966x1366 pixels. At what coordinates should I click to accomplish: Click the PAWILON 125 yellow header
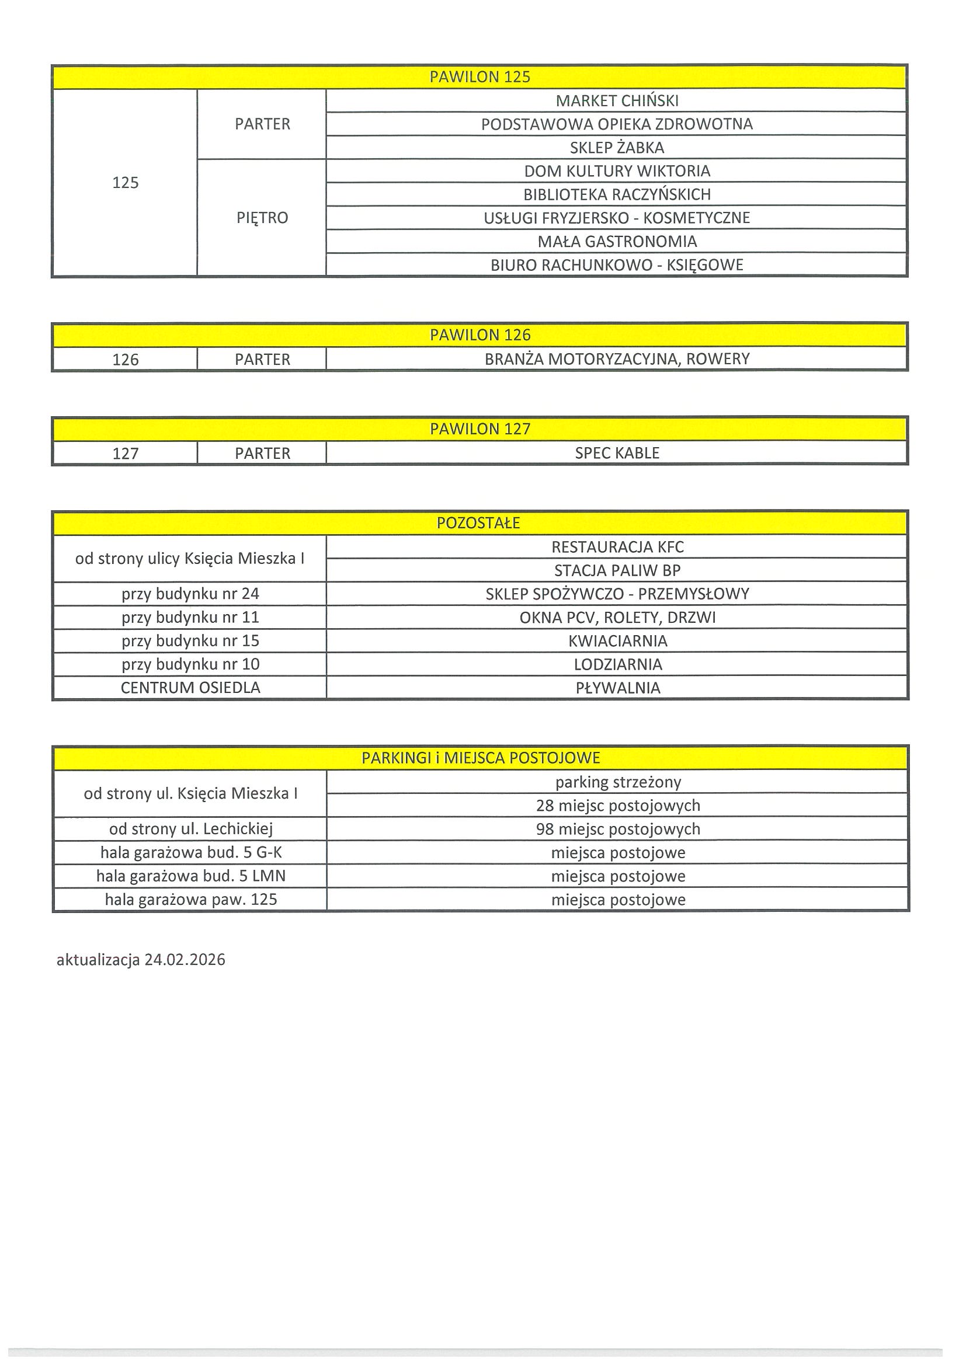(x=479, y=77)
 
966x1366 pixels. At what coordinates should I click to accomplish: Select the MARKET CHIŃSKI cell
(x=617, y=101)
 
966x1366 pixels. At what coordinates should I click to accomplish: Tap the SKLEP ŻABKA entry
(x=617, y=148)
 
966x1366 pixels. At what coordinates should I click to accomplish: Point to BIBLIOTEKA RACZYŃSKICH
(x=617, y=194)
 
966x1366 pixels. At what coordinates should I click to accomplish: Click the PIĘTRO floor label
(x=262, y=218)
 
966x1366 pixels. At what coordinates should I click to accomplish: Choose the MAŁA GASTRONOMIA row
(x=617, y=242)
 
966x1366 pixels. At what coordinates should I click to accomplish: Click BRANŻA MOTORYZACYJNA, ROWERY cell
(x=617, y=360)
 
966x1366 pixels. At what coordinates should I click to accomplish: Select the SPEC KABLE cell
(x=617, y=454)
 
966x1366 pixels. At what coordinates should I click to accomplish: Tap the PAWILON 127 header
(x=479, y=429)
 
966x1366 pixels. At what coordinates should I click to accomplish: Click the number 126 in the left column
(x=125, y=360)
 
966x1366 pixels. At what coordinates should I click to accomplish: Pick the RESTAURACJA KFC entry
(x=617, y=548)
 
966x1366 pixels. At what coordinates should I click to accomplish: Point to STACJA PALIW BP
(x=617, y=571)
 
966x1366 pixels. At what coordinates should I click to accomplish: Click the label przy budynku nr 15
(x=190, y=642)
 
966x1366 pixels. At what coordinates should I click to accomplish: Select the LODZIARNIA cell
(x=617, y=664)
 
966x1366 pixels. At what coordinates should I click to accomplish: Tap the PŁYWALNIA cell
(x=617, y=688)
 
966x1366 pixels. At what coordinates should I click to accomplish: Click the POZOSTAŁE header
(x=478, y=524)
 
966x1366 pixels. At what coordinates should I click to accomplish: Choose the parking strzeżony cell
(x=618, y=782)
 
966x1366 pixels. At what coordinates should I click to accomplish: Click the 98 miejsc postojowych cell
(x=618, y=830)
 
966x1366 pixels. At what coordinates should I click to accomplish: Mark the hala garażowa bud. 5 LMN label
(x=190, y=876)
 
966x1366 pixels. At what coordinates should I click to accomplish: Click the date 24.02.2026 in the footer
(x=185, y=960)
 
